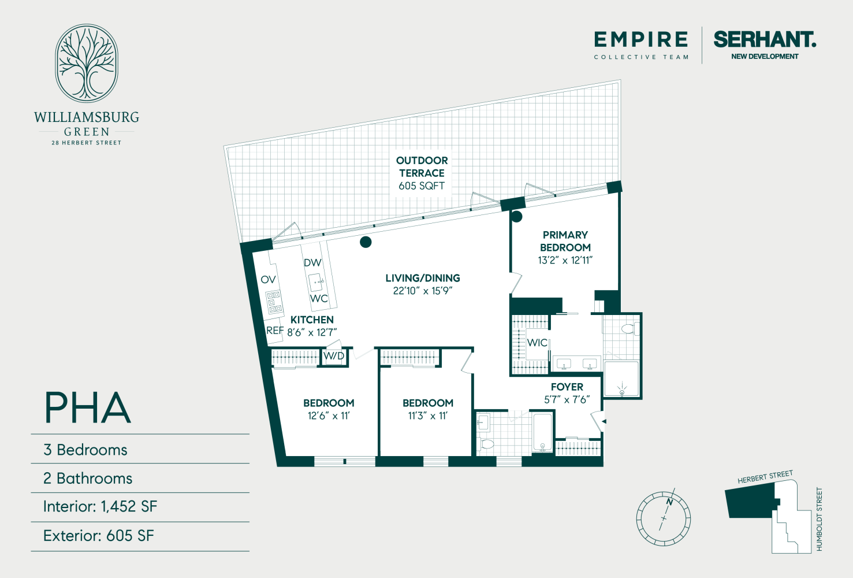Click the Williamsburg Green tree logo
tap(87, 64)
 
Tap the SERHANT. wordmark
tap(765, 39)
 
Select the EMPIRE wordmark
tap(641, 40)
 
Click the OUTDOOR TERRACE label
tap(422, 166)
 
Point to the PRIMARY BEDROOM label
tap(565, 241)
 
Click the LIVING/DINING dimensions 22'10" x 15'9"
tap(422, 291)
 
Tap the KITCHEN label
tap(312, 320)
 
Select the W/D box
tap(334, 356)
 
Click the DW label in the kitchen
tap(312, 262)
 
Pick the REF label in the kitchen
tap(275, 331)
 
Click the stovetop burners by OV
tap(274, 302)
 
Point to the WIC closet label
tap(537, 343)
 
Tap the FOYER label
tap(567, 387)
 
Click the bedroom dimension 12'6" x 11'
tap(329, 416)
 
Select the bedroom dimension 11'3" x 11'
tap(428, 416)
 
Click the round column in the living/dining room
tap(366, 242)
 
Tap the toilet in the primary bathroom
tap(628, 329)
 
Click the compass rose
tap(664, 518)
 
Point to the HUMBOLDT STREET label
tap(819, 519)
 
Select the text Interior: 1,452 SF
tap(100, 507)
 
